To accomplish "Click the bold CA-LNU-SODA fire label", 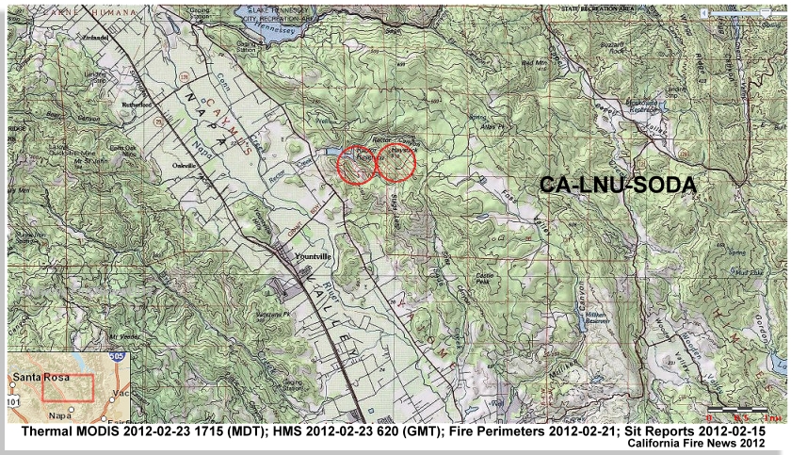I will [617, 185].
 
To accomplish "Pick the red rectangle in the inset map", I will [69, 389].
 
